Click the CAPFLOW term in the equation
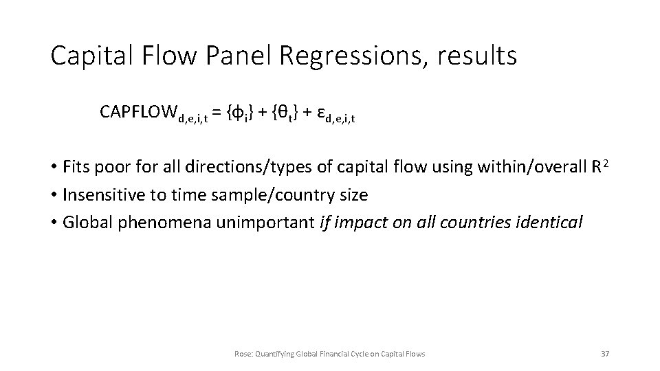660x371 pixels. (137, 111)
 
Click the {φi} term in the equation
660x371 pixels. (243, 111)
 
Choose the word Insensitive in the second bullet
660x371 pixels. (101, 194)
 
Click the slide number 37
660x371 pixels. (605, 353)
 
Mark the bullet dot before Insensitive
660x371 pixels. (54, 195)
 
